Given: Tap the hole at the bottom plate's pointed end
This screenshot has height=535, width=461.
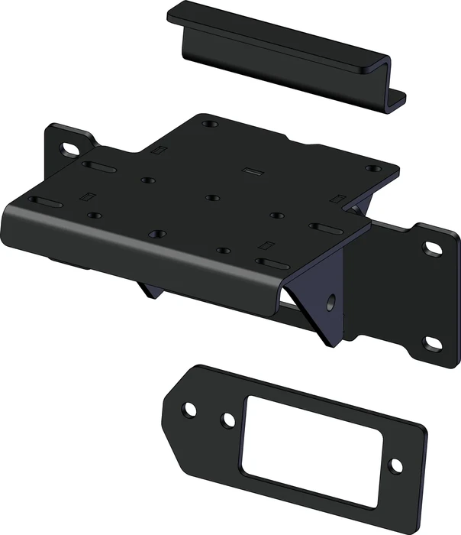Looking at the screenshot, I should (190, 410).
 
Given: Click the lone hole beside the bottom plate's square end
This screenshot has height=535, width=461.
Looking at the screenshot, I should (395, 464).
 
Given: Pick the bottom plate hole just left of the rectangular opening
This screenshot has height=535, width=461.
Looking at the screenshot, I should (228, 420).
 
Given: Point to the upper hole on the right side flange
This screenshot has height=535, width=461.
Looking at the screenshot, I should (433, 248).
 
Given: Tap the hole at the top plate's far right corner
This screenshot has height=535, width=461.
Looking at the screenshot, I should (372, 169).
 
